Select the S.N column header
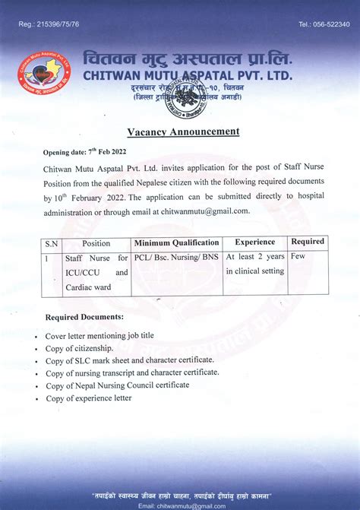point(51,243)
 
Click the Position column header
point(96,243)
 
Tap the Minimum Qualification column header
point(177,243)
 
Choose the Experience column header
point(254,242)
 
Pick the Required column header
point(308,242)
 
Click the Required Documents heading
point(84,316)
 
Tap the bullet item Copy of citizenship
point(78,347)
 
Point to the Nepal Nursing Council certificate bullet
point(118,385)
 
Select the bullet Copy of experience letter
point(88,398)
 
